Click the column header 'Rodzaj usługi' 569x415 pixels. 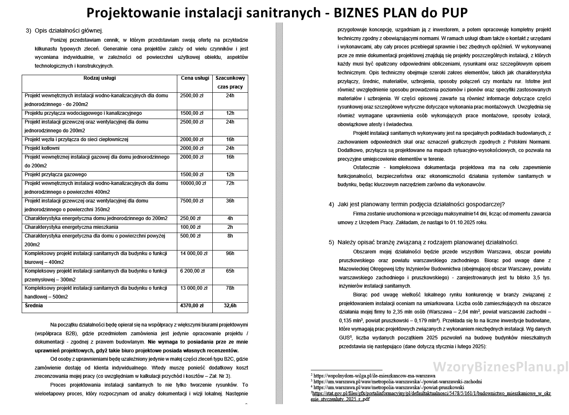(99, 78)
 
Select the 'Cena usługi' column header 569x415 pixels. (195, 78)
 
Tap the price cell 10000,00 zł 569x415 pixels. (193, 183)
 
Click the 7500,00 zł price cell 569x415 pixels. (191, 201)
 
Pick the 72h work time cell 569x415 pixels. (230, 183)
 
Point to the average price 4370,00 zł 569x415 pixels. (191, 306)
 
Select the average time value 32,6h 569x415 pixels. (230, 306)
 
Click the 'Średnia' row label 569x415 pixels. (34, 306)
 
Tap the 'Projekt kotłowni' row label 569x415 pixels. (42, 148)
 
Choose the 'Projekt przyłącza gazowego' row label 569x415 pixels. (55, 175)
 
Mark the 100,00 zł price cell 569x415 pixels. (190, 227)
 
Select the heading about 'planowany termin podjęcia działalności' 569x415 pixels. (421, 204)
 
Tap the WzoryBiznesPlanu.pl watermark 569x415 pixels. (501, 367)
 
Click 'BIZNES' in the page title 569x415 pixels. (354, 13)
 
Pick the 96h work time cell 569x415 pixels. (230, 253)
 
